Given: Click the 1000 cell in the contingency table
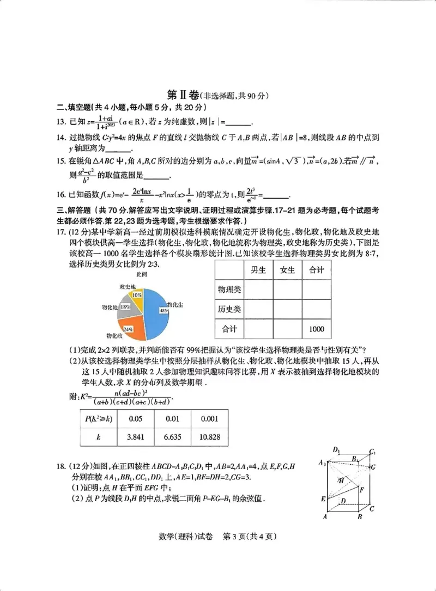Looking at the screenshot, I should point(316,329).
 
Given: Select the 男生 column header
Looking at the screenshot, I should point(258,270).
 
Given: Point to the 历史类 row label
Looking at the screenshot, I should point(229,309).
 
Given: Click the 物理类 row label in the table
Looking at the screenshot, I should point(229,290).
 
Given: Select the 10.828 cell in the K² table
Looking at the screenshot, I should point(209,437).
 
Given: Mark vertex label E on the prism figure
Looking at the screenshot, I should point(323,498).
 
